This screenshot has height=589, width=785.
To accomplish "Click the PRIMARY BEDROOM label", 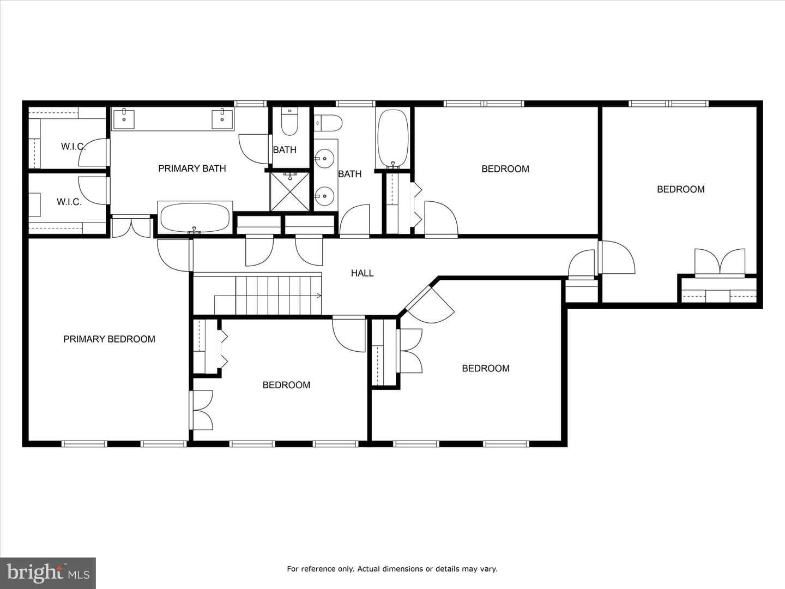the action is tap(109, 339).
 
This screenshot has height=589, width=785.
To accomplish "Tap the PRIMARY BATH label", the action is tap(192, 169).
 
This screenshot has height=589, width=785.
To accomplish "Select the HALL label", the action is tap(363, 273).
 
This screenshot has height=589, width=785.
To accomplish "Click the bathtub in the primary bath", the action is tap(195, 218).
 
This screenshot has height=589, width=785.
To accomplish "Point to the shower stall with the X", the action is tap(289, 191).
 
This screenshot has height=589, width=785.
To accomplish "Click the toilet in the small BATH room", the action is tap(289, 121).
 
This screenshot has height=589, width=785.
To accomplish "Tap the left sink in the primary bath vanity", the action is tap(124, 119).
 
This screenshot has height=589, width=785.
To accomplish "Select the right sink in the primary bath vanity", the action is tap(222, 119).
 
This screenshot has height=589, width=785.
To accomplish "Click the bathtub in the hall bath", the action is tap(392, 139).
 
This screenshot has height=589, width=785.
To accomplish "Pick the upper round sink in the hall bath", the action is tap(324, 158).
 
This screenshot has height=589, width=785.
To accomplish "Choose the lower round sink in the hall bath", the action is tap(324, 196).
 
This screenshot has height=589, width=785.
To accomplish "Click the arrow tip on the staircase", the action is tap(321, 296).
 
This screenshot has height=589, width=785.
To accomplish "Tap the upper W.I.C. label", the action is tap(73, 147).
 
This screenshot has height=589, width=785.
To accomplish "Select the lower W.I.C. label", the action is tap(69, 202).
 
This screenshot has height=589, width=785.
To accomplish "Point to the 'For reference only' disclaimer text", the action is tap(392, 569).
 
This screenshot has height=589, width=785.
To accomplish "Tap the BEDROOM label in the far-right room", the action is tap(680, 189).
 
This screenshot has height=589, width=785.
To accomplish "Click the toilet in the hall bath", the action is tap(329, 123).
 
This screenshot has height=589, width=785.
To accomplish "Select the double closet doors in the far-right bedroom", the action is tap(720, 263).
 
